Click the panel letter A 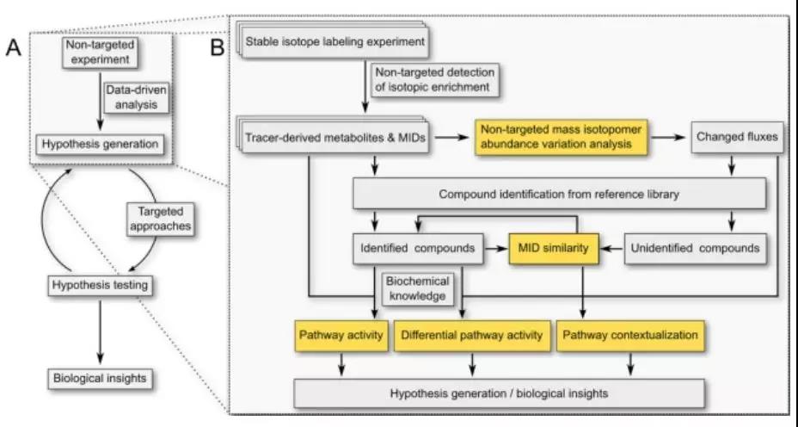point(14,48)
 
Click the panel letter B point(218,48)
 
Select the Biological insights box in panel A point(97,379)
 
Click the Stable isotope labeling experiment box point(336,41)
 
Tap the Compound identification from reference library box point(559,194)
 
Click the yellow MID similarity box point(553,249)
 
